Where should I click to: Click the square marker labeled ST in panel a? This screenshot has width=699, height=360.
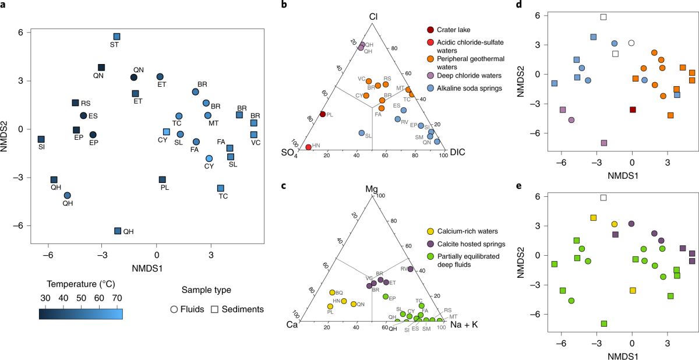[x=116, y=37]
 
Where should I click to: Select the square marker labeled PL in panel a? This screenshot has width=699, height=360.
[x=163, y=179]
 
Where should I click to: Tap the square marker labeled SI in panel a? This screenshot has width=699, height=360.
[x=41, y=139]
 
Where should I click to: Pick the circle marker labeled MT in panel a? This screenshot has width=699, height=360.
[x=208, y=115]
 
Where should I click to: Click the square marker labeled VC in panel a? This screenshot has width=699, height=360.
[x=254, y=135]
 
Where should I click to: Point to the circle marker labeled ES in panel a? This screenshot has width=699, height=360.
[x=83, y=116]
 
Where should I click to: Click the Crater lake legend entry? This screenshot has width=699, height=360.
[x=430, y=30]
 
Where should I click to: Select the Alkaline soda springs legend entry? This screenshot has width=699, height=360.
[x=430, y=86]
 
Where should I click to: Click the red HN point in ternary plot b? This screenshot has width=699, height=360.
[x=308, y=147]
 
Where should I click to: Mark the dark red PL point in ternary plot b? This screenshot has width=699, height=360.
[x=323, y=114]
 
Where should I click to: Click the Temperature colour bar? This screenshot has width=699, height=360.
[x=80, y=315]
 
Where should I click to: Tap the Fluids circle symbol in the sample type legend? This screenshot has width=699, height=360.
[x=173, y=309]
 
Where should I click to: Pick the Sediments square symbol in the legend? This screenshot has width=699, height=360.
[x=213, y=309]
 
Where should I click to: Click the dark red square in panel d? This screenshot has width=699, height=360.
[x=633, y=110]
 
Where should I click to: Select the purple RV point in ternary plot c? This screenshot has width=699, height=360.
[x=410, y=269]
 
